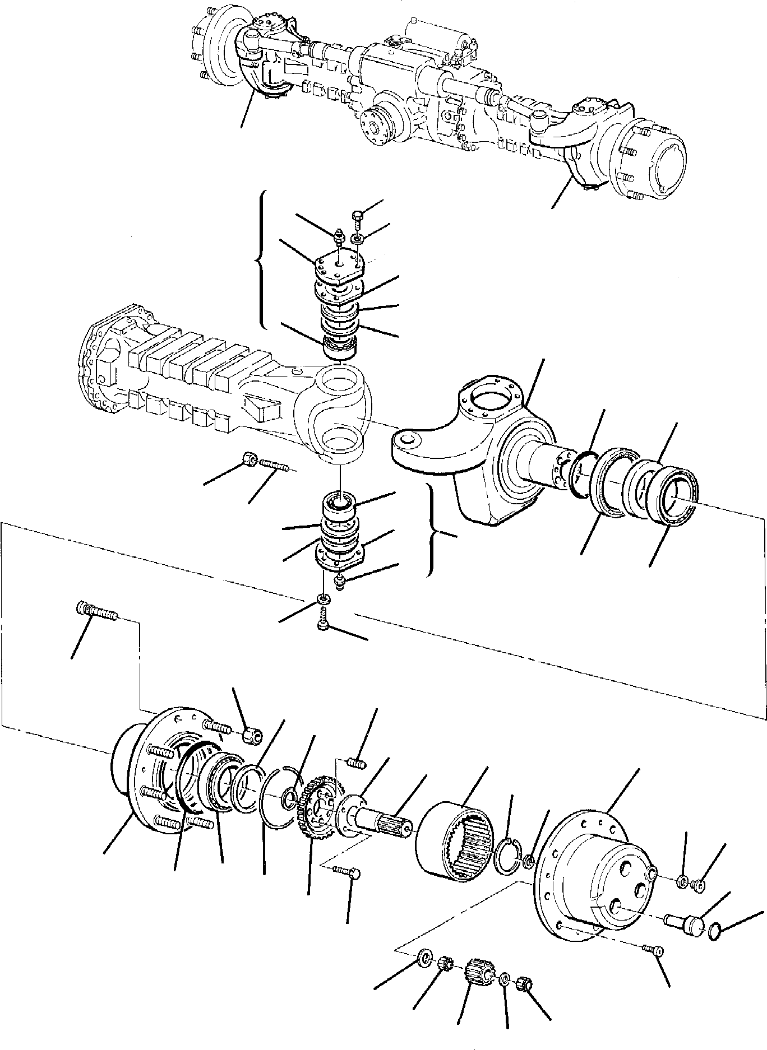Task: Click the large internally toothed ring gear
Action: pyautogui.click(x=455, y=840)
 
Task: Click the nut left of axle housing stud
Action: pyautogui.click(x=249, y=460)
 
